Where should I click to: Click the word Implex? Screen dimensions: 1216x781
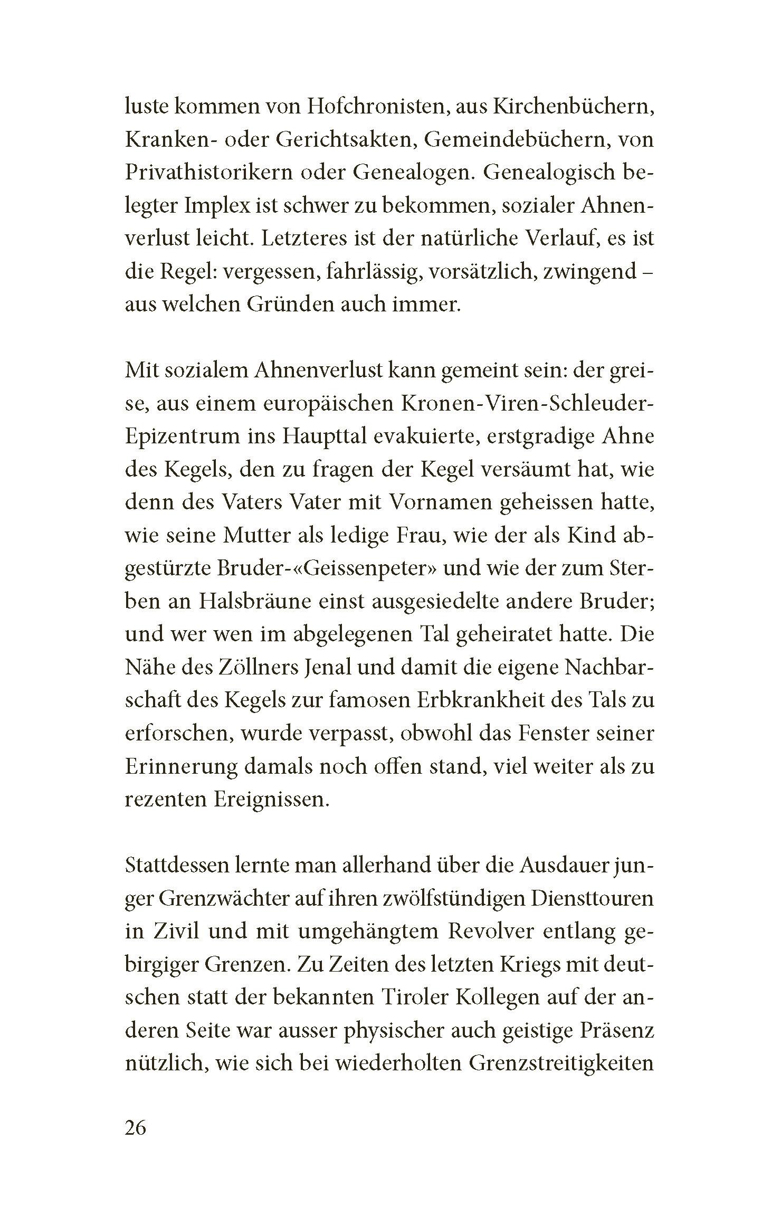click(220, 206)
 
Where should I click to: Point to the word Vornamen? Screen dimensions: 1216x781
click(437, 502)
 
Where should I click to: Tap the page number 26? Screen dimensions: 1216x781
click(135, 1129)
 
